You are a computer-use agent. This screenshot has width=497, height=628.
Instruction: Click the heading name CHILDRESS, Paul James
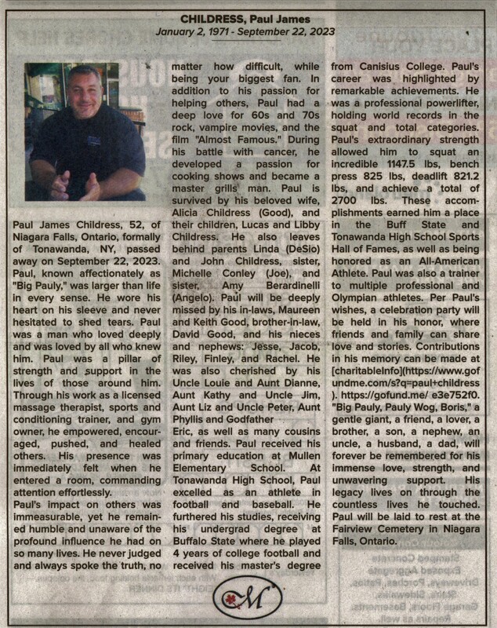coord(247,18)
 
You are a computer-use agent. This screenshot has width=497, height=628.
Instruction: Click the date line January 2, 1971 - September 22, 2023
coord(247,33)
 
